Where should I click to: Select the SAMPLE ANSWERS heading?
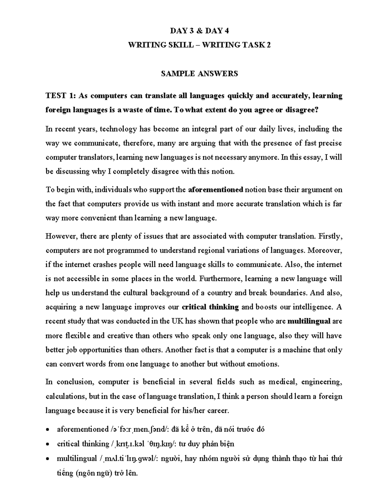(x=199, y=74)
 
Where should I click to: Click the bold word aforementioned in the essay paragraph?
(x=215, y=190)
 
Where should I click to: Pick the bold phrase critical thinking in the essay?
(x=210, y=307)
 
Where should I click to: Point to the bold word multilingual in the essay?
(x=309, y=321)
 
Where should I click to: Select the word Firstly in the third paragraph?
(x=330, y=236)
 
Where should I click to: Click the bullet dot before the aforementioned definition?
(x=48, y=430)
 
